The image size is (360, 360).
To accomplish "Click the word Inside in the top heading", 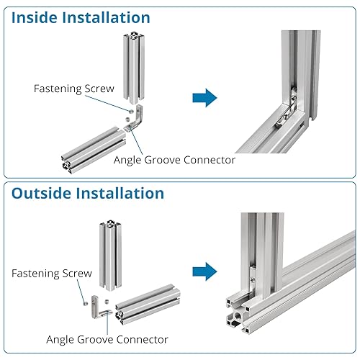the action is pos(34,17).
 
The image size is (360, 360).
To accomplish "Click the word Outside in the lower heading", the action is pos(42,193).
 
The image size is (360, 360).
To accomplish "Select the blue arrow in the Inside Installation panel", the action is pos(204,98).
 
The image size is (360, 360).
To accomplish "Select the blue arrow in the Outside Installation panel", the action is pos(204,271).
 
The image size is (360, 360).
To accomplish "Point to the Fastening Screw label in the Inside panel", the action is pos(74,89).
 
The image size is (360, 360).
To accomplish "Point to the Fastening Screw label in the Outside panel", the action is pos(52,274).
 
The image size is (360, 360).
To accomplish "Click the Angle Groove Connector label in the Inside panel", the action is pos(174,160).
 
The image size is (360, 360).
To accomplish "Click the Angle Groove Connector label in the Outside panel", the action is pos(107,339).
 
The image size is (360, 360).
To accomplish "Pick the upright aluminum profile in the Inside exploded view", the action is pos(134,68).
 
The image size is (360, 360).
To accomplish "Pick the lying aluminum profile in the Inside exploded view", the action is pos(93,150).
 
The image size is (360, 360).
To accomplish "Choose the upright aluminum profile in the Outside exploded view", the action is pos(110,255).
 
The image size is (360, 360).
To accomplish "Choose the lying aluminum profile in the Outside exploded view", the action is pos(148,305).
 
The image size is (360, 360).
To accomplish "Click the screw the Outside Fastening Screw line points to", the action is pos(85,304).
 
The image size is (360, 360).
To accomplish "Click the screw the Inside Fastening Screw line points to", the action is pos(131,111).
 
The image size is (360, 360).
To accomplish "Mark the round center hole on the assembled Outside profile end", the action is pos(238,315).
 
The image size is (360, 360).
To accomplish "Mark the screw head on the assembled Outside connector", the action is pos(253,279).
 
